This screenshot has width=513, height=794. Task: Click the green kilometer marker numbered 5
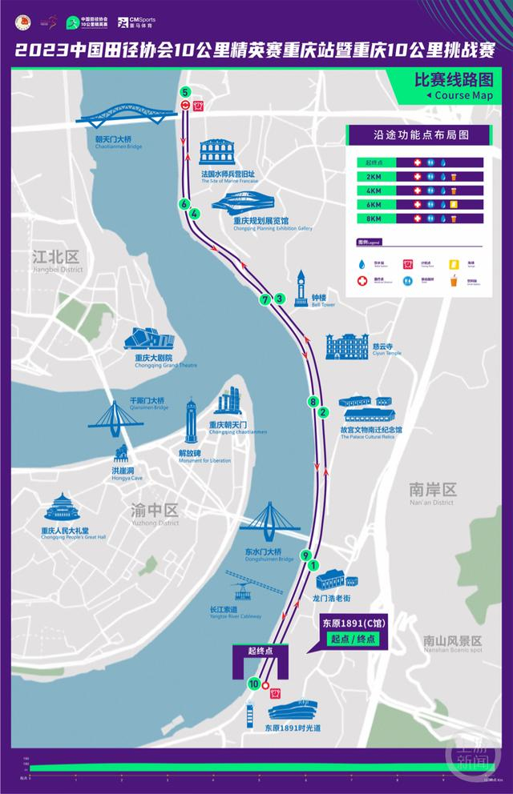186,92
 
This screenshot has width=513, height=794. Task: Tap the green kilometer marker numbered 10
254,684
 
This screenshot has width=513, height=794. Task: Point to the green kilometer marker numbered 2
323,413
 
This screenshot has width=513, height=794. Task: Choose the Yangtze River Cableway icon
240,590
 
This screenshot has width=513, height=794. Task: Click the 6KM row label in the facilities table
374,204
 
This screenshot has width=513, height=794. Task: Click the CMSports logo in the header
137,22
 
